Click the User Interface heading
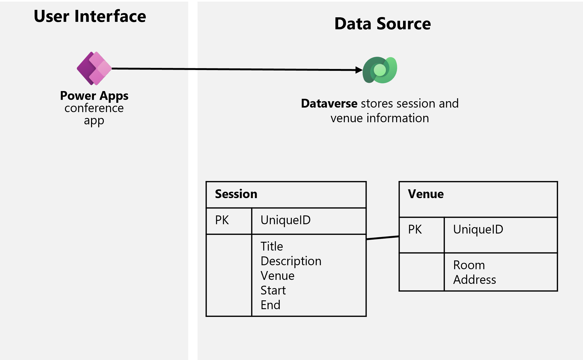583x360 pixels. (90, 16)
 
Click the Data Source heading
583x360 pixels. (383, 24)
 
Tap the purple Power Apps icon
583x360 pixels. (94, 68)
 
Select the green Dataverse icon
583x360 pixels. (380, 70)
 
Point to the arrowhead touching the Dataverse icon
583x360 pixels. (359, 70)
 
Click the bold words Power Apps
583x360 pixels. (94, 96)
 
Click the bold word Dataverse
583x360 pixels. (329, 104)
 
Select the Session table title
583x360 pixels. (236, 194)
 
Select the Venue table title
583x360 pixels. (426, 194)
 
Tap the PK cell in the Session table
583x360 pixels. (222, 220)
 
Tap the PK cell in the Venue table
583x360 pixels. (415, 230)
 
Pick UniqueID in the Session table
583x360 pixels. (285, 220)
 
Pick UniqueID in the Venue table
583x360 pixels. (478, 230)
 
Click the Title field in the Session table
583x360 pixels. (272, 246)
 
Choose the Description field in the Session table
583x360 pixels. (291, 261)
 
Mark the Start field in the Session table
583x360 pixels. (273, 290)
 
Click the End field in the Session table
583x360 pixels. (270, 305)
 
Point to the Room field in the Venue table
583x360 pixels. (469, 265)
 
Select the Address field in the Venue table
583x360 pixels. (475, 280)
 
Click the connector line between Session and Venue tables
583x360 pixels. (383, 238)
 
